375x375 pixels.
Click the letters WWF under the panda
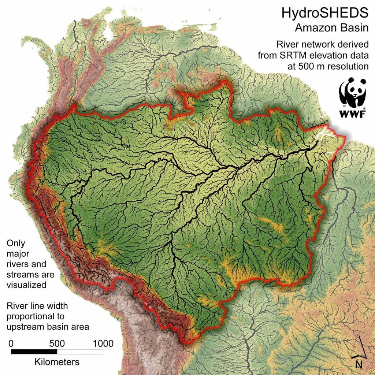point(353,114)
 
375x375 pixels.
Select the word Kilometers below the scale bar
point(57,362)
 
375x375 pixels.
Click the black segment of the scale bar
point(34,352)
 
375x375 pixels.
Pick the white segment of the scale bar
point(80,352)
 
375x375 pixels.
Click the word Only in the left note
point(16,243)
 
